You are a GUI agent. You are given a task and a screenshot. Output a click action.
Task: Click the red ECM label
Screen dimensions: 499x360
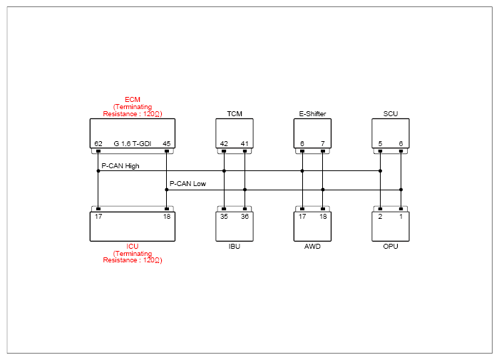(133, 100)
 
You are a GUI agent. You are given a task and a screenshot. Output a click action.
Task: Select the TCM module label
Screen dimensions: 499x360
(235, 114)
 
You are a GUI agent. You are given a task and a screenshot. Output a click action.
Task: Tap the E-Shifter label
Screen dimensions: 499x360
(312, 114)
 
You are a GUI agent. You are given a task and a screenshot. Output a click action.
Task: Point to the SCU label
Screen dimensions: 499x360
(391, 114)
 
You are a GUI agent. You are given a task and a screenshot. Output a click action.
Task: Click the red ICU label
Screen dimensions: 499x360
(133, 247)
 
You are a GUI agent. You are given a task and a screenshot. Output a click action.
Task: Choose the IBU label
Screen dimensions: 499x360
(235, 247)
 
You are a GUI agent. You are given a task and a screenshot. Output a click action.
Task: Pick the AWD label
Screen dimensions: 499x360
(312, 247)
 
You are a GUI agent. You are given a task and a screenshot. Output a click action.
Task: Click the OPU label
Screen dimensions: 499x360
(391, 247)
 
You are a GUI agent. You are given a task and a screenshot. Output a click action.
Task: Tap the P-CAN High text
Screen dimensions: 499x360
(120, 166)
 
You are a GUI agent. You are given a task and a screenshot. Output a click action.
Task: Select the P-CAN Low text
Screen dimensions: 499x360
(187, 184)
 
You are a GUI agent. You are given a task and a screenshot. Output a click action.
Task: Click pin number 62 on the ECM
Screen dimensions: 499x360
(98, 144)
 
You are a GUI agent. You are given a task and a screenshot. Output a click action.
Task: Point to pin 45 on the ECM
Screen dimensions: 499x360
(167, 144)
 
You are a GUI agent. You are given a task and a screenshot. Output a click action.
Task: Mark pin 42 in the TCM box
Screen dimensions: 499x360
(224, 144)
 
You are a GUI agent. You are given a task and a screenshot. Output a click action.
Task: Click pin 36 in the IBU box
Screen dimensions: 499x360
(245, 217)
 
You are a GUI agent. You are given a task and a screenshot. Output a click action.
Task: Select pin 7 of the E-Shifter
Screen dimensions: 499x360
(323, 144)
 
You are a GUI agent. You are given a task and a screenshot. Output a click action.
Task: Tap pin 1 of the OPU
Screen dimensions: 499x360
(401, 217)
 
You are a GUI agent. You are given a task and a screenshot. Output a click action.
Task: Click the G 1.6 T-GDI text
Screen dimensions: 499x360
(133, 144)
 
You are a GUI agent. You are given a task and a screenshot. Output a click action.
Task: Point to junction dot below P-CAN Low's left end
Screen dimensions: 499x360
(166, 190)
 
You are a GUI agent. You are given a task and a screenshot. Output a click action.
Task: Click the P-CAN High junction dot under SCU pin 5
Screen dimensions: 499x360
(380, 171)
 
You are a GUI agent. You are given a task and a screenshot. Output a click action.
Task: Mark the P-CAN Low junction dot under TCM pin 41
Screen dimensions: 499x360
(245, 190)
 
